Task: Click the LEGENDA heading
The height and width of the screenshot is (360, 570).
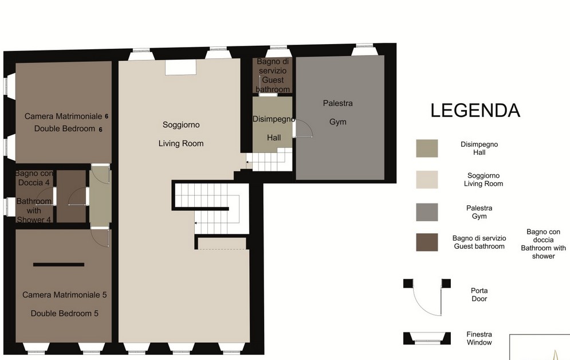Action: point(475,111)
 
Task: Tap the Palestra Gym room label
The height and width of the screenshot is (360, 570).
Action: point(338,112)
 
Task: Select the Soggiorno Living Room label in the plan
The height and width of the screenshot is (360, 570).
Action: point(181,134)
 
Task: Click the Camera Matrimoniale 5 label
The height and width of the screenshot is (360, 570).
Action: point(64,304)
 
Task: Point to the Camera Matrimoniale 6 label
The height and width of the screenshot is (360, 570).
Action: point(66,122)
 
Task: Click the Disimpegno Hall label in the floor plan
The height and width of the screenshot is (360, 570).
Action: point(274,128)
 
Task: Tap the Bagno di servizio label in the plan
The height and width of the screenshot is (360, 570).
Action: point(273,75)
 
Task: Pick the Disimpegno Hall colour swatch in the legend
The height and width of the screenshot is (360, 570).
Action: point(427,148)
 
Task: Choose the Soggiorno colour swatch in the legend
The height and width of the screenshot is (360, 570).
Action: point(427,179)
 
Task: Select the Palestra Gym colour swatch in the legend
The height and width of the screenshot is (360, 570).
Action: point(427,212)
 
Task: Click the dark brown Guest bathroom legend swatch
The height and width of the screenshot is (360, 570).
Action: point(427,242)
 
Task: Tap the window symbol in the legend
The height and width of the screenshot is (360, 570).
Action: point(427,338)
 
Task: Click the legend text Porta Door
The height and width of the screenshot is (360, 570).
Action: point(479,295)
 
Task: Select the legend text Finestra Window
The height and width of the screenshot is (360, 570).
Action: point(479,338)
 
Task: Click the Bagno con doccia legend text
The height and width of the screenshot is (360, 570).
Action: point(543,244)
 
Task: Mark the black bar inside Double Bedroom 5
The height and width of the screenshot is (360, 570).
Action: point(58,264)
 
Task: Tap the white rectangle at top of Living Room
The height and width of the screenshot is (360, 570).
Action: point(180,67)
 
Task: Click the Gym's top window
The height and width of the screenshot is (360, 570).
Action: point(363,50)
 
